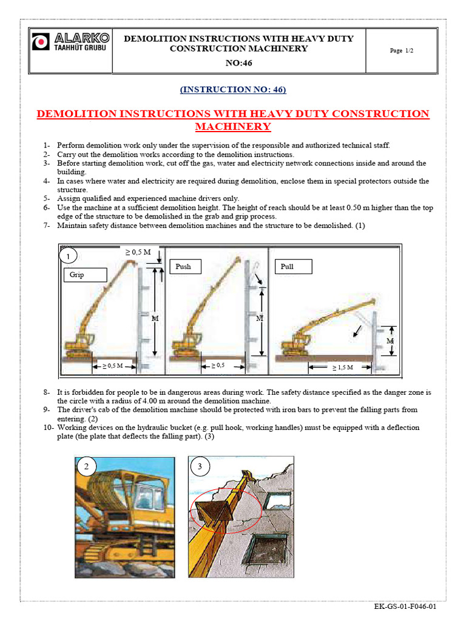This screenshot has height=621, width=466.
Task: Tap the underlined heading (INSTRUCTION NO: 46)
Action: pyautogui.click(x=233, y=90)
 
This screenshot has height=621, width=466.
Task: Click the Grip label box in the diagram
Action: pyautogui.click(x=84, y=275)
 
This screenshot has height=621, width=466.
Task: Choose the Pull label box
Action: pyautogui.click(x=294, y=266)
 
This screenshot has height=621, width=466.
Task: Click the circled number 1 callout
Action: pyautogui.click(x=69, y=257)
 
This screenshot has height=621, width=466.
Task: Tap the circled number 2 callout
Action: pyautogui.click(x=87, y=466)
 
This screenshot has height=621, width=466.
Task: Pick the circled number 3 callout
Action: pyautogui.click(x=200, y=466)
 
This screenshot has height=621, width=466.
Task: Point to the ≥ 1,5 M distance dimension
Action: pyautogui.click(x=343, y=367)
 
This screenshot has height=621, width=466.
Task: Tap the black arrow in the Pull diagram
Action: pyautogui.click(x=359, y=331)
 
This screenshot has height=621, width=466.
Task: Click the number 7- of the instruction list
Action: pyautogui.click(x=47, y=226)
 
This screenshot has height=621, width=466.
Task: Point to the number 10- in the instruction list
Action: pyautogui.click(x=48, y=428)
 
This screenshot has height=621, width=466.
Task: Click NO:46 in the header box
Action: pyautogui.click(x=238, y=62)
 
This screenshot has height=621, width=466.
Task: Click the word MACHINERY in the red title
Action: pyautogui.click(x=233, y=127)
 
